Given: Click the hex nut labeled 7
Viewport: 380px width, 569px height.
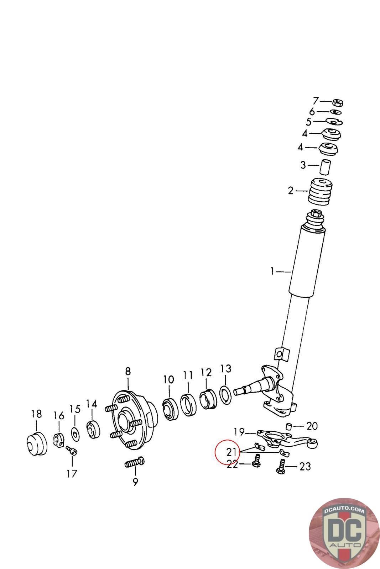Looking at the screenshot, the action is (337, 103).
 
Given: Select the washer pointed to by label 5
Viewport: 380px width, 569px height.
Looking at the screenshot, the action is (334, 122).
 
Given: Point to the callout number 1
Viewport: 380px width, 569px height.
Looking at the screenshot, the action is (272, 272).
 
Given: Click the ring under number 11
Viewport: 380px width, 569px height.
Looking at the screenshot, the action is (188, 404).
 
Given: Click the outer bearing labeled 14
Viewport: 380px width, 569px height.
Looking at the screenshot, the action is (93, 430).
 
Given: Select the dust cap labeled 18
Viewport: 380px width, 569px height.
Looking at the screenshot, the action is (37, 443).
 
